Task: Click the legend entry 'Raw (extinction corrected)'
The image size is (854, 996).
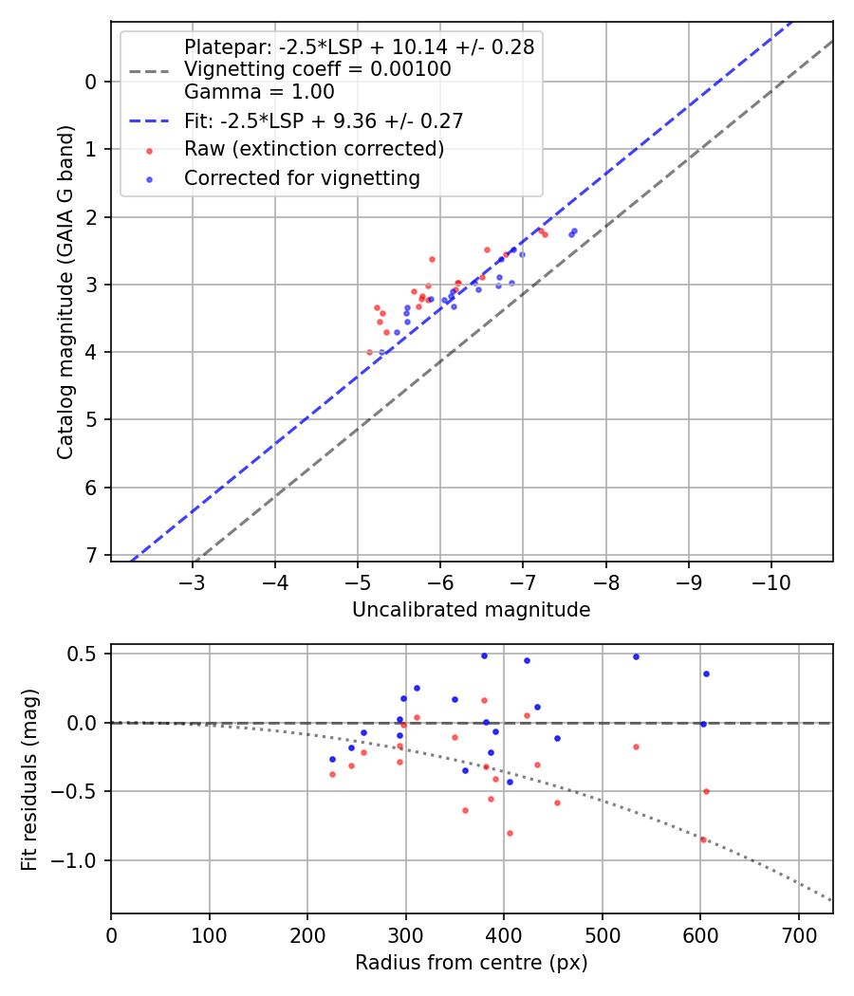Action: pos(314,149)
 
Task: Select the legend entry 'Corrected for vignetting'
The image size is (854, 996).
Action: pos(302,177)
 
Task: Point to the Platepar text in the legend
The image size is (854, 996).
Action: pos(359,46)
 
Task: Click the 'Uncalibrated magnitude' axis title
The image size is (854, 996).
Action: pos(471,610)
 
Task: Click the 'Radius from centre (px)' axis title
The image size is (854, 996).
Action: pos(471,963)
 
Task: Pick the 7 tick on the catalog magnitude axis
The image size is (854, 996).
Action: pos(91,555)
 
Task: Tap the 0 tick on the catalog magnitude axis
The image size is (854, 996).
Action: pos(91,82)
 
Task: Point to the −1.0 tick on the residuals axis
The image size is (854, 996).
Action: pos(81,860)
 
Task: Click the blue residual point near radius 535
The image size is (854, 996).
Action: pos(636,656)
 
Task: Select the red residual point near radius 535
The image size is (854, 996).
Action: pos(636,747)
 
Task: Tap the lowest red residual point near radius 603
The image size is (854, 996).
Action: pos(703,839)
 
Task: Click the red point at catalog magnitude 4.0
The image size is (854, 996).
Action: pos(369,352)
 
